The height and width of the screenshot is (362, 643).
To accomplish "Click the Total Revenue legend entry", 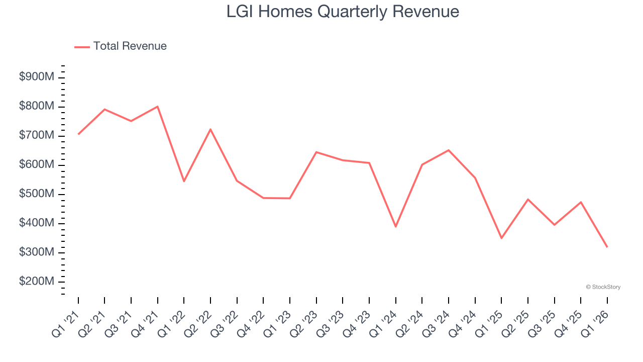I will pyautogui.click(x=121, y=46).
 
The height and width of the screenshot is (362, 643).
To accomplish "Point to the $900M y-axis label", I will pyautogui.click(x=37, y=77).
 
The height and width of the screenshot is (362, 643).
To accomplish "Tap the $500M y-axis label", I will pyautogui.click(x=37, y=194).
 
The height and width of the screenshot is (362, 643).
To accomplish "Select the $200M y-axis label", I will pyautogui.click(x=37, y=282).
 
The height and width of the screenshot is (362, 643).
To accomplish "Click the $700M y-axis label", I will pyautogui.click(x=37, y=136).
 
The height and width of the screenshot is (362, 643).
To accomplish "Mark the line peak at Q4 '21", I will pyautogui.click(x=158, y=107).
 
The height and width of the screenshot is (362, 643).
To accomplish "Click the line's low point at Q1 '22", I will pyautogui.click(x=184, y=181).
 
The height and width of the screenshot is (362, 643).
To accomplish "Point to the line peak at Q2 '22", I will pyautogui.click(x=210, y=129).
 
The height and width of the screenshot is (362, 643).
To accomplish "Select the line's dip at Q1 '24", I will pyautogui.click(x=396, y=226).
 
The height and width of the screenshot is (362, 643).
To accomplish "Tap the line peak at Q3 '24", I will pyautogui.click(x=449, y=150).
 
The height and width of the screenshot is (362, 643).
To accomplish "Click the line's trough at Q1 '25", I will pyautogui.click(x=501, y=238).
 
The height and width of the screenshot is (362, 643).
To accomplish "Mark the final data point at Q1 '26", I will pyautogui.click(x=607, y=247).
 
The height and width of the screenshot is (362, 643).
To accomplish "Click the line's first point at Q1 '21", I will pyautogui.click(x=78, y=134).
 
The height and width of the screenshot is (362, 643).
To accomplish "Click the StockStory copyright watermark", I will pyautogui.click(x=603, y=287).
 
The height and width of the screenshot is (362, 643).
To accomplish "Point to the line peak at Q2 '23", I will pyautogui.click(x=316, y=152).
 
